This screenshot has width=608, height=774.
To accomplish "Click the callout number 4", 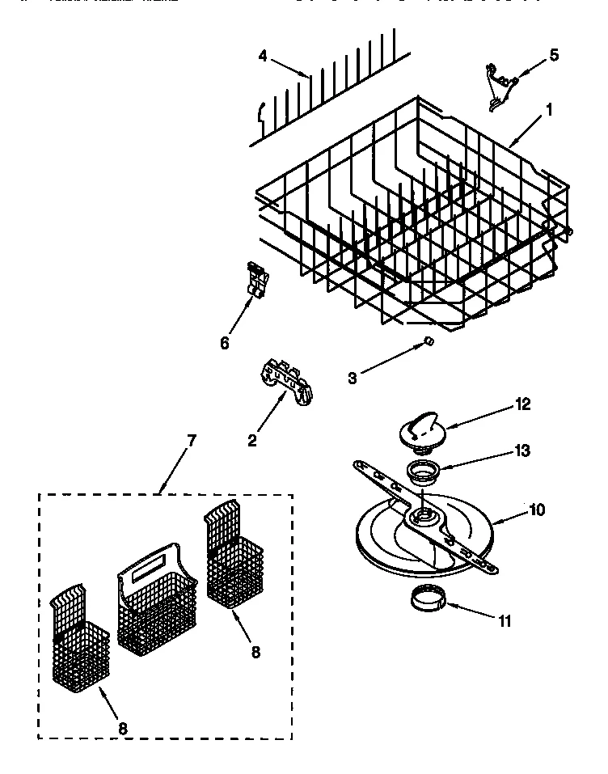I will tap(263, 56).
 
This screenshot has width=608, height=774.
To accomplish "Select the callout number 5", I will tap(553, 55).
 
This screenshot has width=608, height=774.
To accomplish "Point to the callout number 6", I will tap(225, 343).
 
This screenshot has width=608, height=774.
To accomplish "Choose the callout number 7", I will tap(191, 441).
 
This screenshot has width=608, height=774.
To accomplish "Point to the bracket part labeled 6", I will tap(256, 281).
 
